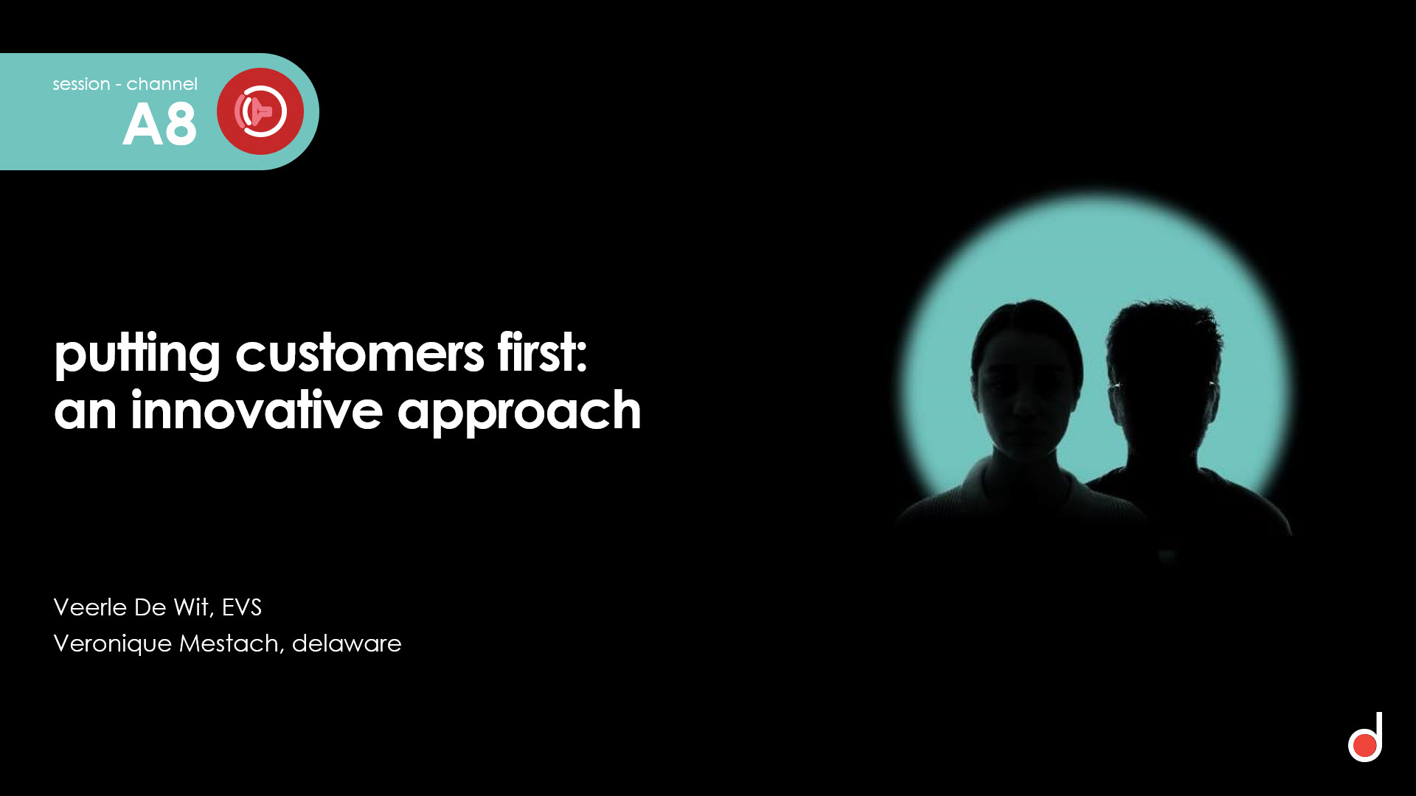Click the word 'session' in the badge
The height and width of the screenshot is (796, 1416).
click(81, 84)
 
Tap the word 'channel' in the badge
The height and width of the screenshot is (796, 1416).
click(162, 84)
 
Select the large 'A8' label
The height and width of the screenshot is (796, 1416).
click(159, 124)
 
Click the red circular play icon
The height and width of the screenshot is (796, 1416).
click(260, 111)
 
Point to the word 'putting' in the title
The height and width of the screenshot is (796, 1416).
click(137, 354)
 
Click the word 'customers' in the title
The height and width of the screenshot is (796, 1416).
click(359, 354)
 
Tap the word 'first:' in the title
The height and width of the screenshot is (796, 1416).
click(542, 352)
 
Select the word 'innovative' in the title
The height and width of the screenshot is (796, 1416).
click(257, 410)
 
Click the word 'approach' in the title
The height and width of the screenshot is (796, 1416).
click(519, 412)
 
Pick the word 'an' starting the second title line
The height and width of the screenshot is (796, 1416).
click(85, 412)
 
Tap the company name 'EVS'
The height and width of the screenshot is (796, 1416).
click(242, 607)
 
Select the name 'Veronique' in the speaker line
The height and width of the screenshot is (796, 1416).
click(113, 644)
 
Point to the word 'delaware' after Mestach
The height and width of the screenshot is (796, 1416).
click(347, 643)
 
